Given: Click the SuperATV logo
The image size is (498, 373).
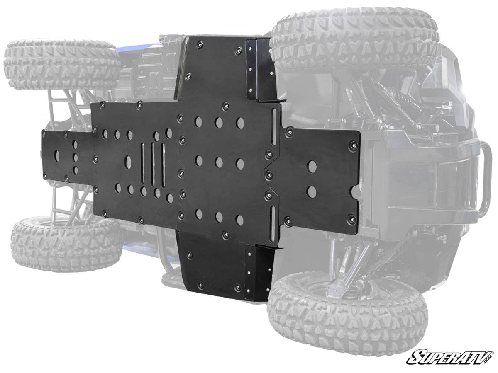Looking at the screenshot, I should [451, 357].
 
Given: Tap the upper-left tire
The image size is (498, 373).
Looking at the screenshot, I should [62, 64].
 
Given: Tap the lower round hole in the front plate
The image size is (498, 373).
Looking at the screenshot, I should [311, 191].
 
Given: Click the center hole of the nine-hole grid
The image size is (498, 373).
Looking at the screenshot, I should [219, 162].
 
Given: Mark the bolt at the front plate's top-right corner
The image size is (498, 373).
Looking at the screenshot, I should [353, 145].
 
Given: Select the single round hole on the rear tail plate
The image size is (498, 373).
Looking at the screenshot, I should [57, 156].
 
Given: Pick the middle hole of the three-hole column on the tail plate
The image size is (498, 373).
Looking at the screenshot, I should [75, 157].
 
